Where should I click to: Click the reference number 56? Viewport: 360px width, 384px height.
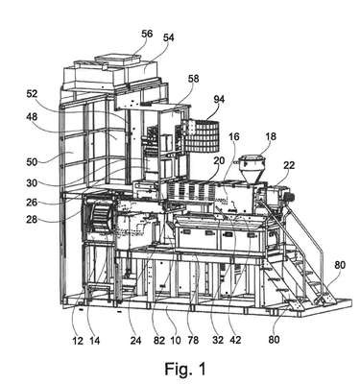point(147,34)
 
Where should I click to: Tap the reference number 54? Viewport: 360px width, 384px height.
point(168,37)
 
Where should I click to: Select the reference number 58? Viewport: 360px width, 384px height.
point(193,79)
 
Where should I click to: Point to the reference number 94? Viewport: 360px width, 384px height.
point(219,100)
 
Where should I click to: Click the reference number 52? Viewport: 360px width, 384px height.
point(32,94)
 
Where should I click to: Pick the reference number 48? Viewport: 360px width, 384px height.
point(32,117)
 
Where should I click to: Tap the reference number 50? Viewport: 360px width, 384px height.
point(32,161)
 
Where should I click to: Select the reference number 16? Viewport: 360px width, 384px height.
point(234,137)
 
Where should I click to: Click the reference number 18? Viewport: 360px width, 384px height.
point(271,136)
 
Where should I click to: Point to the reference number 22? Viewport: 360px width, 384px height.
point(288,165)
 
